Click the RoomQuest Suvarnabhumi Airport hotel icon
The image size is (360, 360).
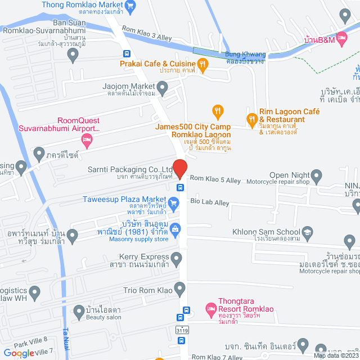86,139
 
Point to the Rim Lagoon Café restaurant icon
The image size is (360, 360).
252,118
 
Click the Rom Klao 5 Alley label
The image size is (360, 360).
215,178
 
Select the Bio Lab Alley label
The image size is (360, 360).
210,201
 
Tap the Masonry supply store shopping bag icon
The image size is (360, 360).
175,229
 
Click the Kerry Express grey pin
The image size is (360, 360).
177,260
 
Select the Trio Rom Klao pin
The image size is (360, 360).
180,290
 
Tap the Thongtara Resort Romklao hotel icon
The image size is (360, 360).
210,309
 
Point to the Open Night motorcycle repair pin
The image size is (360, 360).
316,175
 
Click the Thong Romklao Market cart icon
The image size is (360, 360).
131,7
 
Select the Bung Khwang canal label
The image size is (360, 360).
244,57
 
